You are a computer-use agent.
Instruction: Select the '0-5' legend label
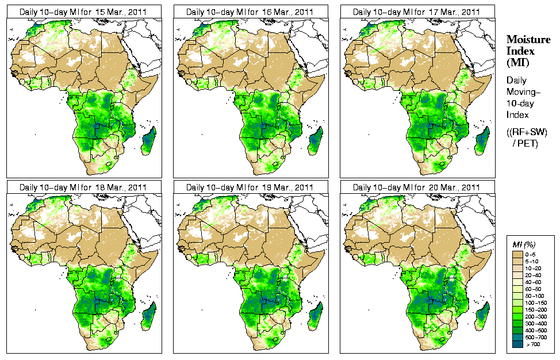(x=534, y=254)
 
